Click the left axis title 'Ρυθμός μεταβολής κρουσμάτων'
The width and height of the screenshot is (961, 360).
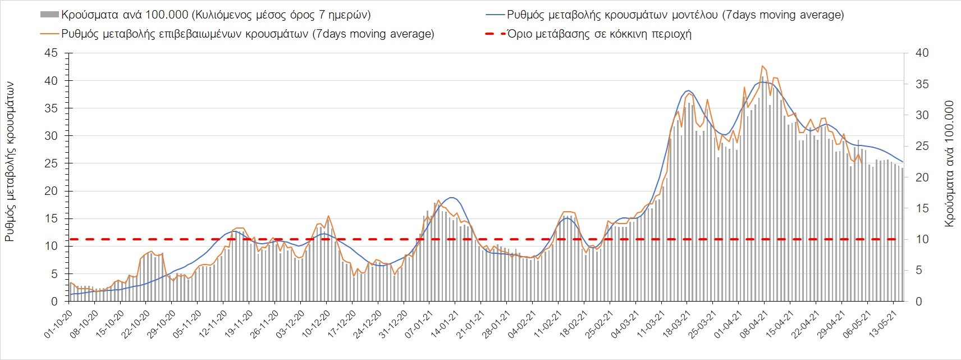coord(10,161)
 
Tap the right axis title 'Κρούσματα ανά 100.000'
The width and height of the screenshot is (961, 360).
coord(950,163)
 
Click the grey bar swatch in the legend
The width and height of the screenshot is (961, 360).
coord(49,15)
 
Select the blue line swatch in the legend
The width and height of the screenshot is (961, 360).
coord(493,15)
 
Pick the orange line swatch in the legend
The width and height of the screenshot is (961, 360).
coord(49,34)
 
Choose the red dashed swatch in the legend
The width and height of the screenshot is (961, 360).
coord(493,34)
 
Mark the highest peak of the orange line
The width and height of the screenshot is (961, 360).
coord(762,66)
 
